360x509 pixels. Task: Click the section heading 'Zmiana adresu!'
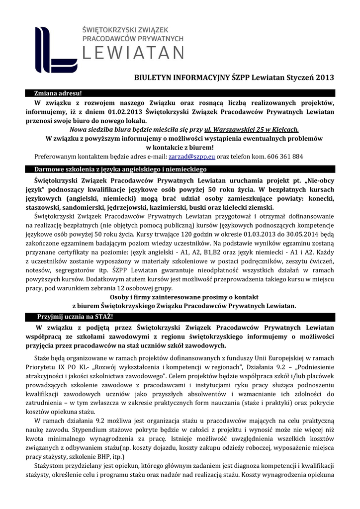pos(57,93)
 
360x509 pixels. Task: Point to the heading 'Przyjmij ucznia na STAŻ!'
pos(75,317)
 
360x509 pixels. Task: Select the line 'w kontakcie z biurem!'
pos(180,147)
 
